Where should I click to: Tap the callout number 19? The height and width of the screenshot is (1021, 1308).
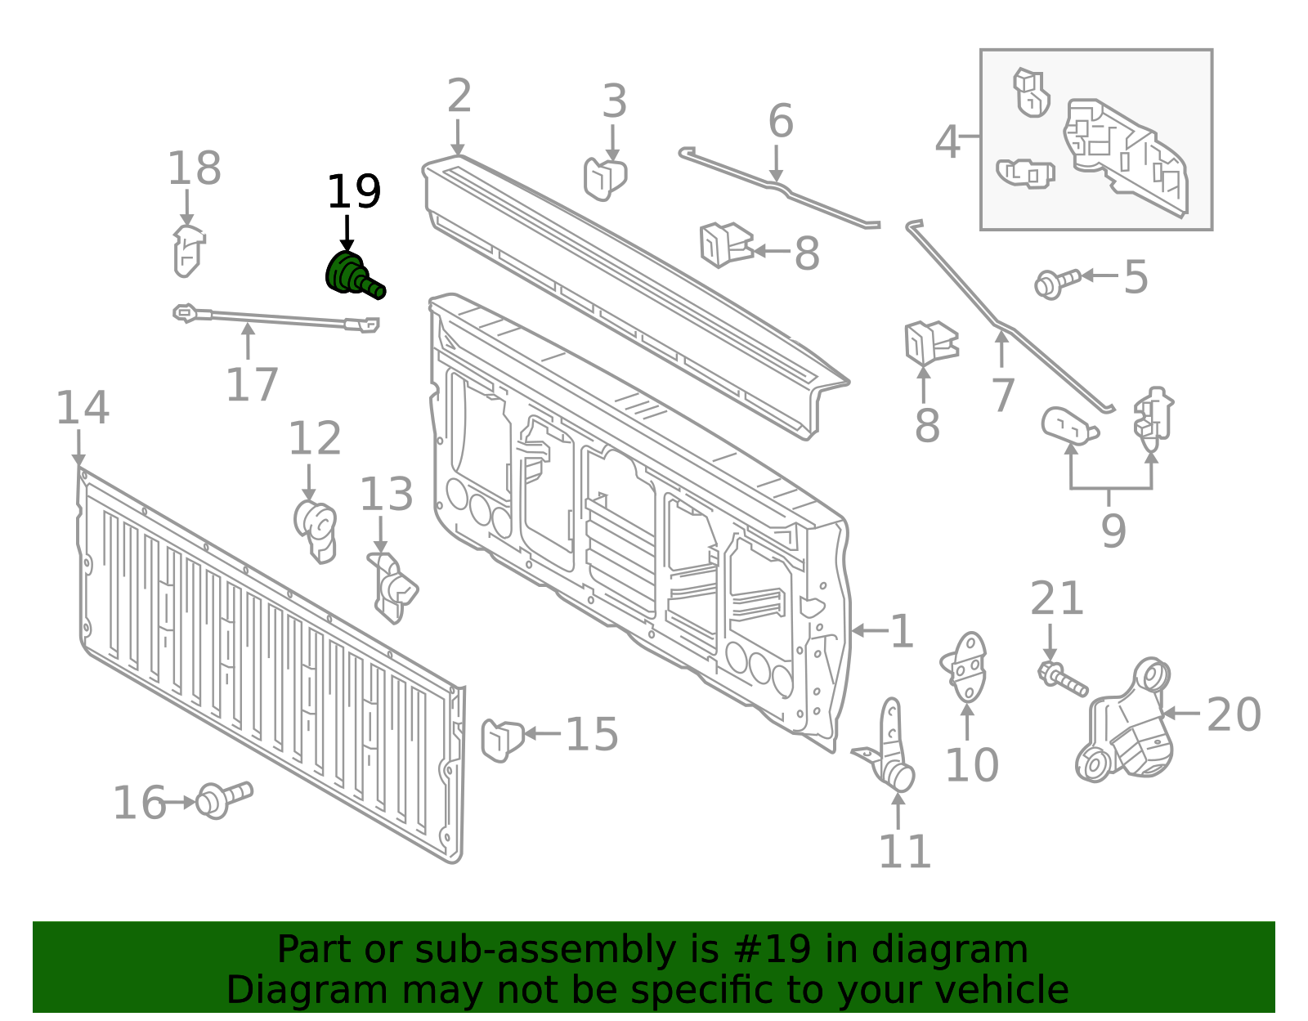353,193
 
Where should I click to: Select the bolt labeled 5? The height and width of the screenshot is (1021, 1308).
1056,282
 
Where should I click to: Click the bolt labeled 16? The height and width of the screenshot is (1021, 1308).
223,798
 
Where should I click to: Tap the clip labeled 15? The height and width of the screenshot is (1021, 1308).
501,738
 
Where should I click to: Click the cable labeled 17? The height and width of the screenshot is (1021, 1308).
278,319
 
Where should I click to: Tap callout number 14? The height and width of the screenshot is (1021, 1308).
82,408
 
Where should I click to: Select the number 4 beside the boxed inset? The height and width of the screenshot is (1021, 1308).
947,142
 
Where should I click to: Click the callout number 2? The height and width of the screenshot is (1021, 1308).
459,96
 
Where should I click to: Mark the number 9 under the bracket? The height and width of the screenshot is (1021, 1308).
1113,531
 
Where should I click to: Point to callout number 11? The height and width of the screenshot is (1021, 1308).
904,852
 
